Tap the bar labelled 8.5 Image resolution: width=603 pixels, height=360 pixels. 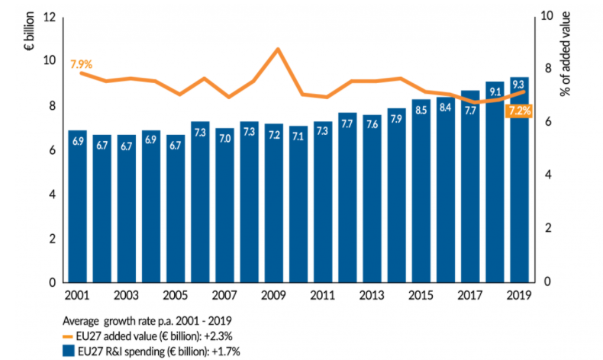coord(421,191)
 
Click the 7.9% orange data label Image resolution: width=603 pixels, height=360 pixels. coord(81,65)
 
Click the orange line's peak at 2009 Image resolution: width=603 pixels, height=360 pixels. coord(278,50)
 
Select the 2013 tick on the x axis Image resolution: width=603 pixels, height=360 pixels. coord(371,296)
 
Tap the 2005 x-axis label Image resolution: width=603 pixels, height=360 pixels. coord(175,296)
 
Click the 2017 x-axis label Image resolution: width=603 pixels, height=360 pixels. coord(469,296)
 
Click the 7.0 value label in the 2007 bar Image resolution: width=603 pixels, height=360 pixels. coord(224,140)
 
